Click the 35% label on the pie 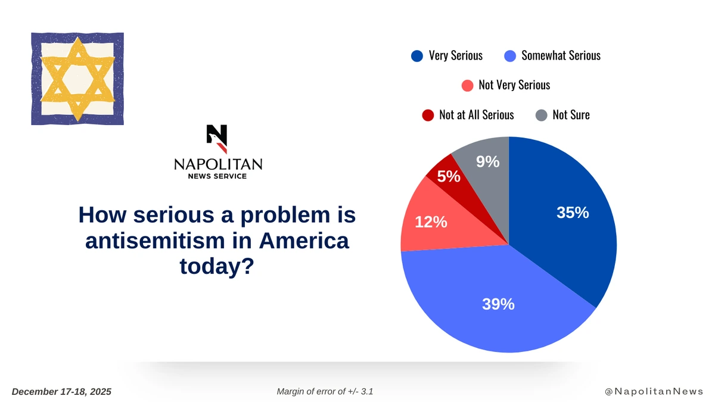573,213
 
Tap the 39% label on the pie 498,304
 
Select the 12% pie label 431,222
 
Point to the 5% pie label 449,176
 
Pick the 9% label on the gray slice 487,161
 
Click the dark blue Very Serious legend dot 417,56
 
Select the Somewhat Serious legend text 561,56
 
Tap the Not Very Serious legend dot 468,85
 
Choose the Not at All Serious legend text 476,115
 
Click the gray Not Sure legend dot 541,115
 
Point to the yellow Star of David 77,79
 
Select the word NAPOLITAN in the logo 217,164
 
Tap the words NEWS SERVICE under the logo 217,176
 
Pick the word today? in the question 217,267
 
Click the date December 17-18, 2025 61,391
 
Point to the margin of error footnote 325,391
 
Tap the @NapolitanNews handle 654,391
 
